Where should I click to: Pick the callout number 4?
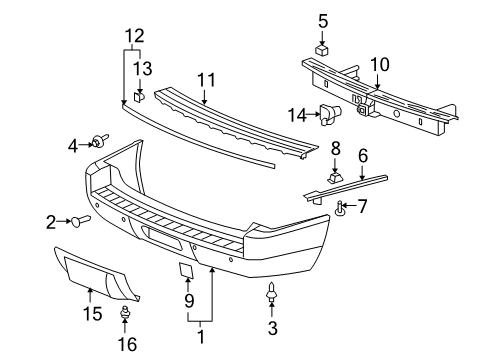point(73,146)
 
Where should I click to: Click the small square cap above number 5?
point(323,48)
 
